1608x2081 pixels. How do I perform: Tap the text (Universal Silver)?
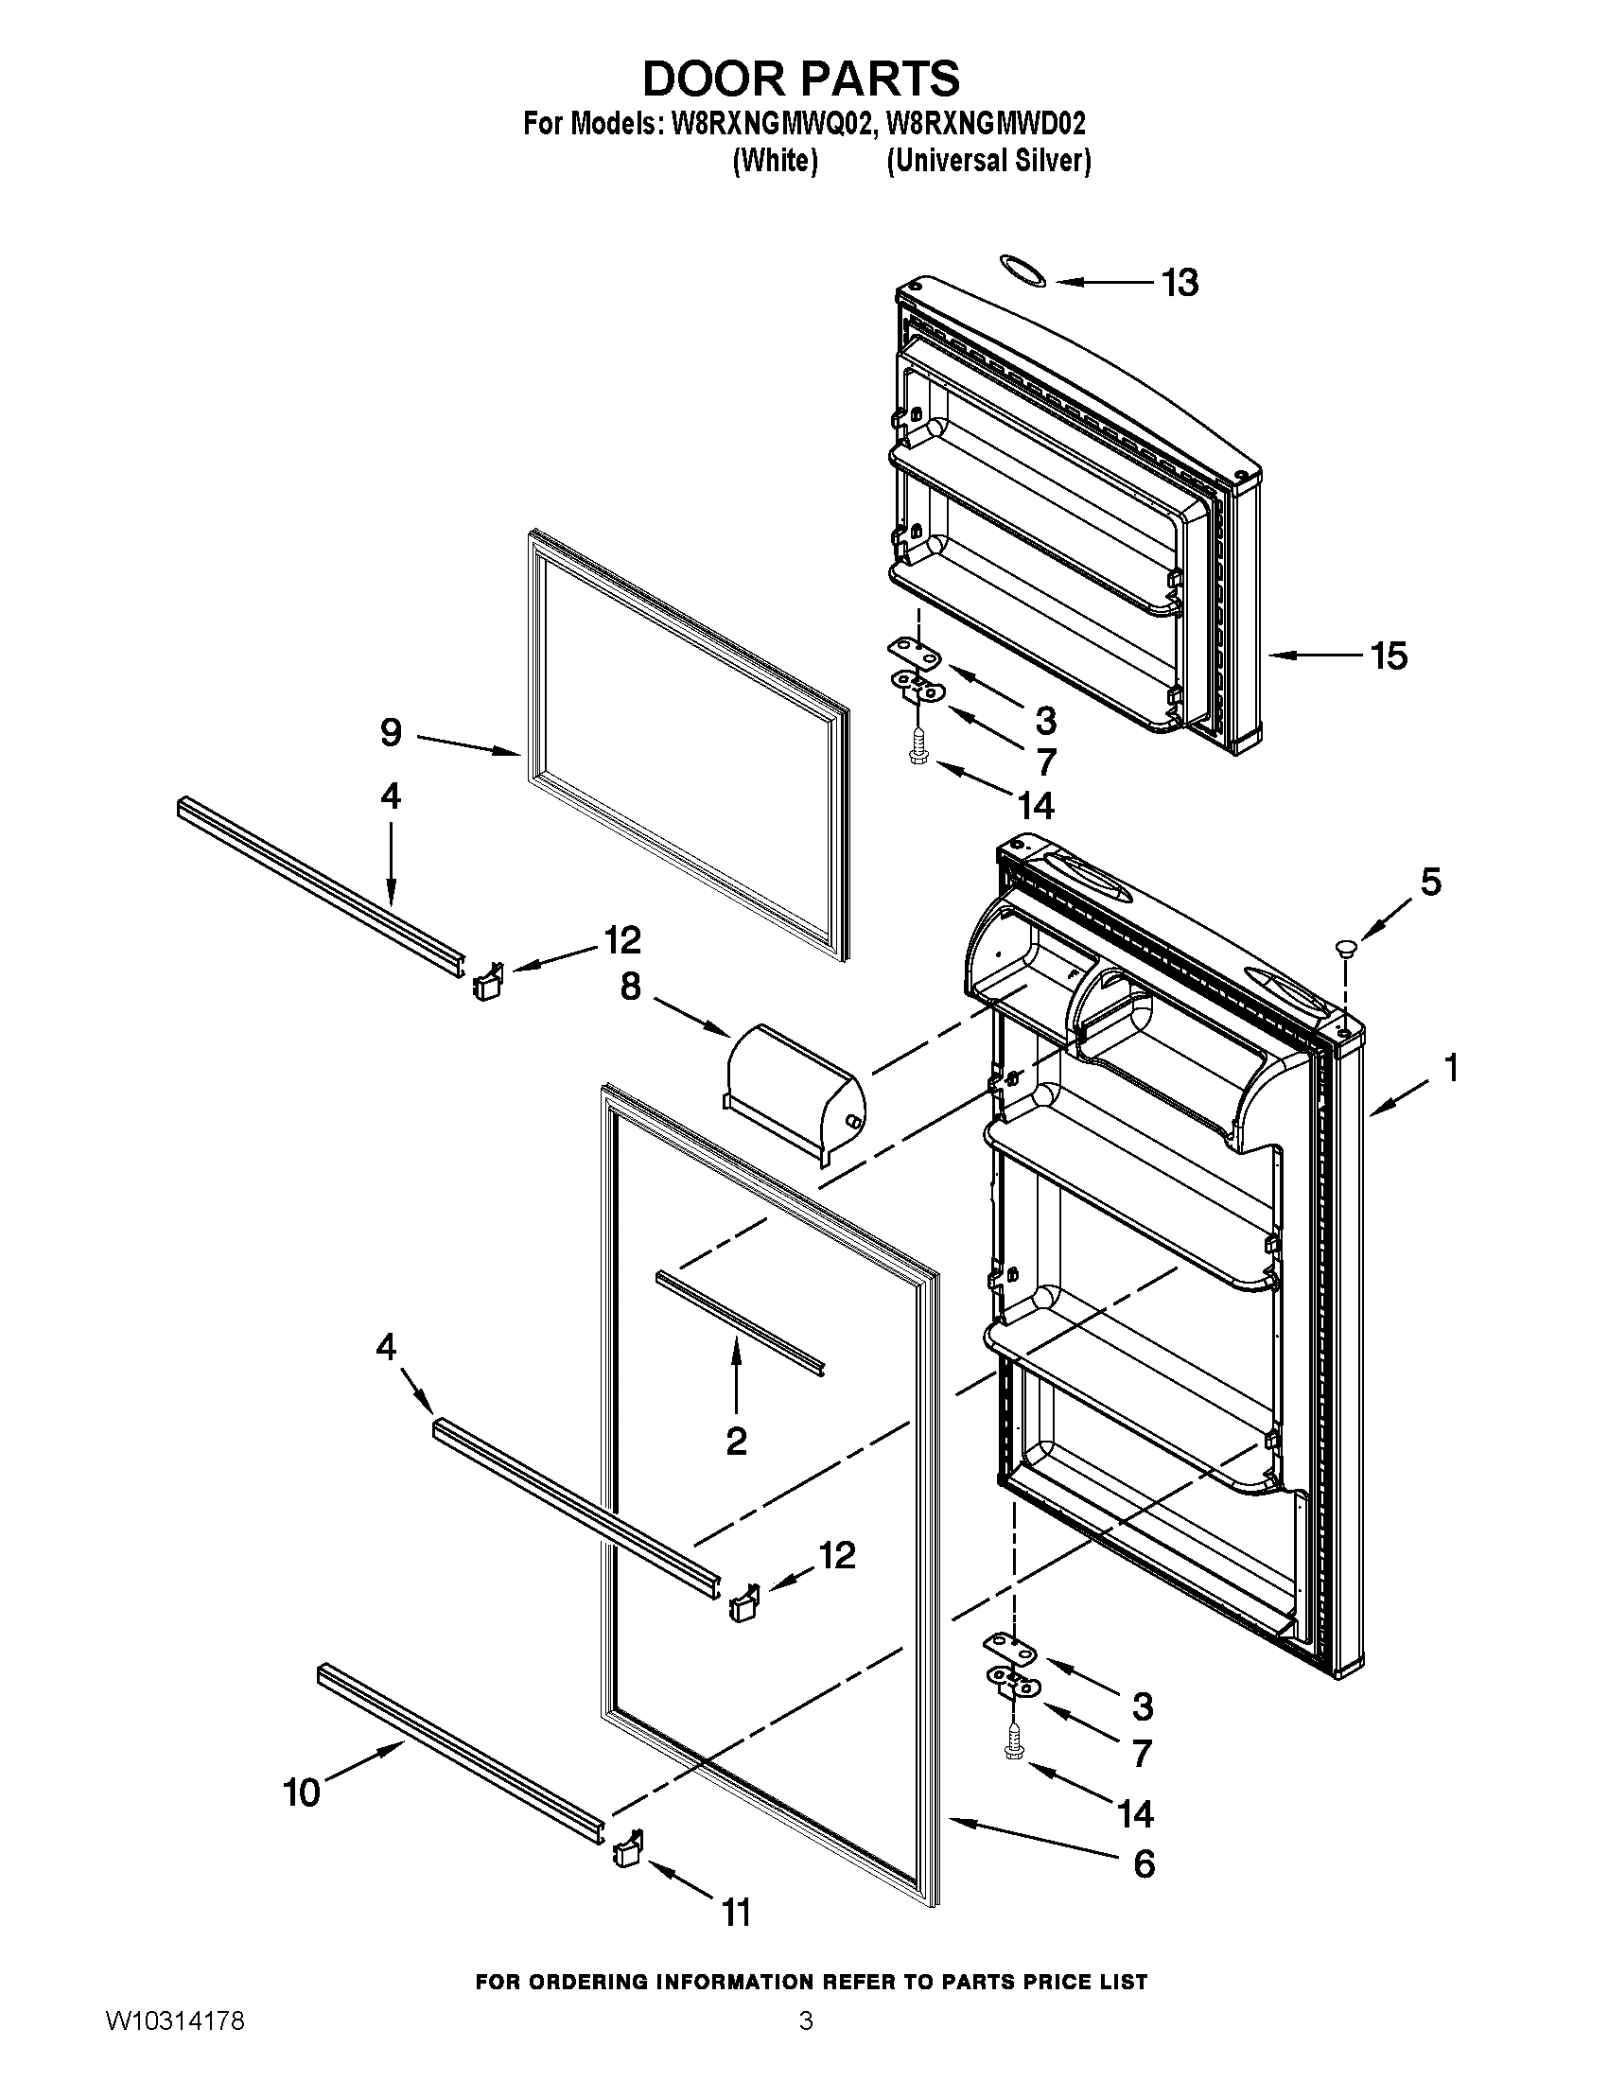pos(988,161)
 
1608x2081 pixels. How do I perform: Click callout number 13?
pos(1180,283)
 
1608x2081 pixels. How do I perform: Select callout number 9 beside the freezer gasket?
pos(391,732)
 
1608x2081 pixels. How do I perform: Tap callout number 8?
pos(631,988)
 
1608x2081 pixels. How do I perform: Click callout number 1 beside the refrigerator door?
pos(1451,1069)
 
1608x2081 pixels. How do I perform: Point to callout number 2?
pos(735,1442)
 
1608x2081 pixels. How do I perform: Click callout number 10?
pos(303,1793)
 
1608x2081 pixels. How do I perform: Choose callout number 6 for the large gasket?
pos(1145,1862)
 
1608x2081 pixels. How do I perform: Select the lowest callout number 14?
pos(1135,1814)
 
